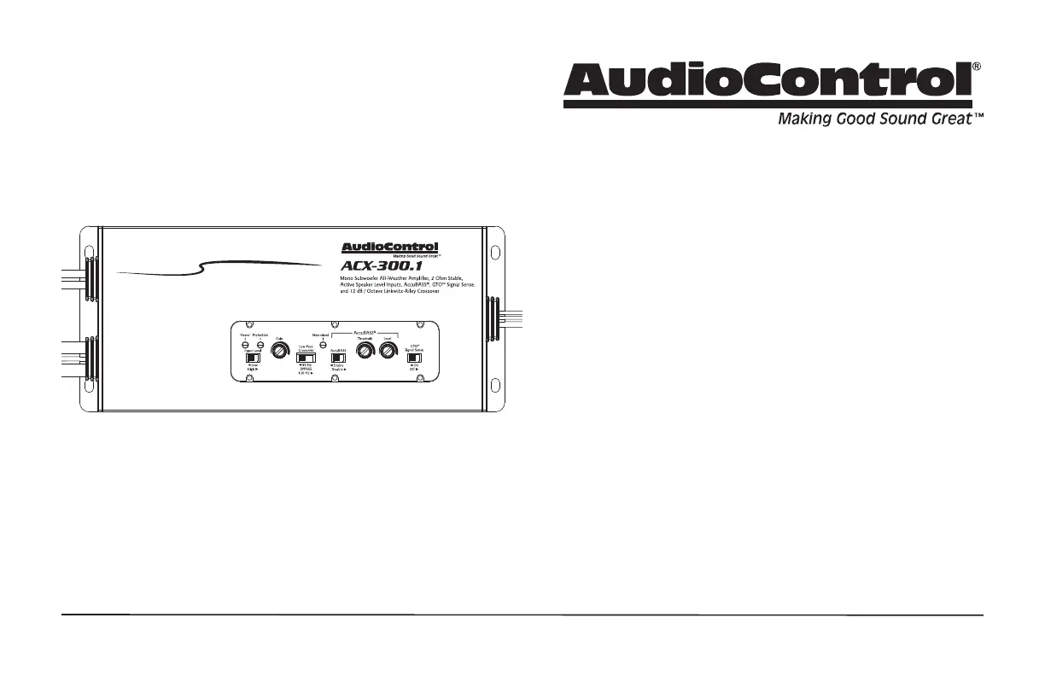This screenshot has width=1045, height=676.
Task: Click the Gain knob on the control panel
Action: pos(277,351)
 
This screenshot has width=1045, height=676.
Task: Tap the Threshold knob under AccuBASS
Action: pos(365,351)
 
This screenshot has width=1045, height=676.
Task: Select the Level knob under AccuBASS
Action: pos(388,351)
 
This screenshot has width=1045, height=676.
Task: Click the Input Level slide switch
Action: pos(253,358)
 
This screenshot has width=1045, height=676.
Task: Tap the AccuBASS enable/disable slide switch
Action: pos(337,358)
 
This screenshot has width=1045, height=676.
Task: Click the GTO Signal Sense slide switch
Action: pos(413,358)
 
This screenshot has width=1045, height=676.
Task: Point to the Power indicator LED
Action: pos(245,344)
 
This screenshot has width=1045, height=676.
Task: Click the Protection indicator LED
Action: pos(260,344)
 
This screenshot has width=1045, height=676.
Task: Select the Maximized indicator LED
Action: pos(323,344)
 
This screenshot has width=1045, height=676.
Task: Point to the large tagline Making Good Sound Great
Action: pos(875,119)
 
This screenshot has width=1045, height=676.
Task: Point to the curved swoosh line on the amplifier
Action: pos(222,266)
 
